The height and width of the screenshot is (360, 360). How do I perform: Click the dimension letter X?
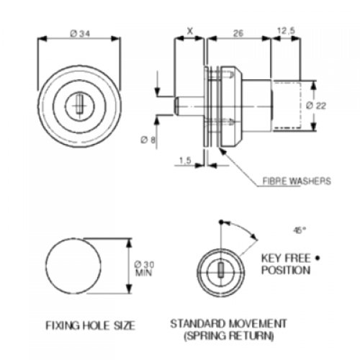point(189,32)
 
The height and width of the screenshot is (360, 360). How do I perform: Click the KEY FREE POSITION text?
point(287,264)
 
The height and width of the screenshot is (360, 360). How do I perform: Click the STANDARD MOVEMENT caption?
point(229,323)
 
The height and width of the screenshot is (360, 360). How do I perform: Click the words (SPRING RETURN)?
point(229,336)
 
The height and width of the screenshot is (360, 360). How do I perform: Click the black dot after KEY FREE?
point(316,257)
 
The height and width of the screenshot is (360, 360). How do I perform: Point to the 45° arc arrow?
point(246,232)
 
